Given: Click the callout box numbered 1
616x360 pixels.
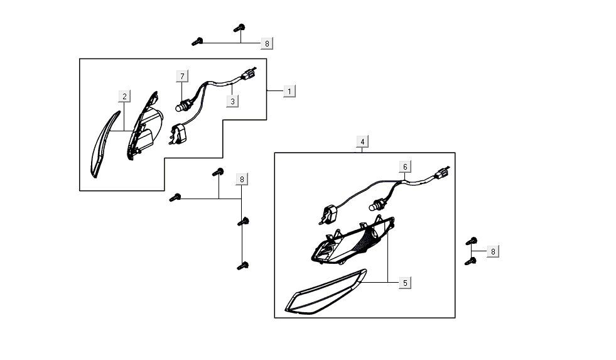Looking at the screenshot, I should pyautogui.click(x=289, y=91).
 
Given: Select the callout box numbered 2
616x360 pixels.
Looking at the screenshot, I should pyautogui.click(x=125, y=96).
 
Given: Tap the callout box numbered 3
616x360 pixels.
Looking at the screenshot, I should pyautogui.click(x=232, y=101).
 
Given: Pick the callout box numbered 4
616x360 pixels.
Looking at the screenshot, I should pyautogui.click(x=362, y=141).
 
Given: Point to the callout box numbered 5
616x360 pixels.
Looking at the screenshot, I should pyautogui.click(x=405, y=283).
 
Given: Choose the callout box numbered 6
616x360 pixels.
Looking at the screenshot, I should pyautogui.click(x=406, y=166).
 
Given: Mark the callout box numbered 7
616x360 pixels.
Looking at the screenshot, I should pyautogui.click(x=182, y=77).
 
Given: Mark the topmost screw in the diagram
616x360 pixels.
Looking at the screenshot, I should pyautogui.click(x=239, y=28).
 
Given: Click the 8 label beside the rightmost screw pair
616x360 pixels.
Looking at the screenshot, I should pyautogui.click(x=493, y=252).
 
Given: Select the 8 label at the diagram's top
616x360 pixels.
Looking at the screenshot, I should pyautogui.click(x=267, y=43).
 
